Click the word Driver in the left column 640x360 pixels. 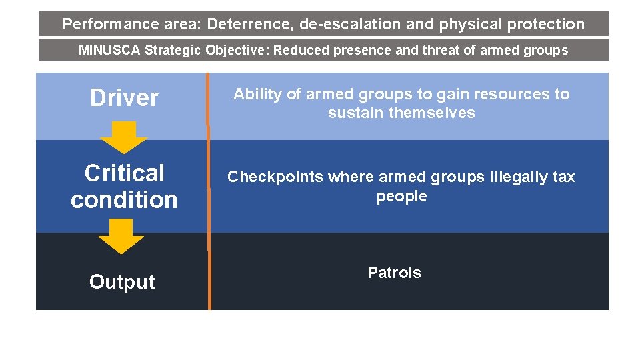click(124, 99)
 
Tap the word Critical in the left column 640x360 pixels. click(124, 173)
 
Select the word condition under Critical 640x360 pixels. click(124, 199)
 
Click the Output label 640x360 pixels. click(122, 282)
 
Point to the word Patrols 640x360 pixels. click(394, 273)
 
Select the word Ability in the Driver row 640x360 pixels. click(257, 95)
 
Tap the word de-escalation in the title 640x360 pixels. click(350, 25)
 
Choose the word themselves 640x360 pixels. click(432, 113)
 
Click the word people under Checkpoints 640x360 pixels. click(401, 197)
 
